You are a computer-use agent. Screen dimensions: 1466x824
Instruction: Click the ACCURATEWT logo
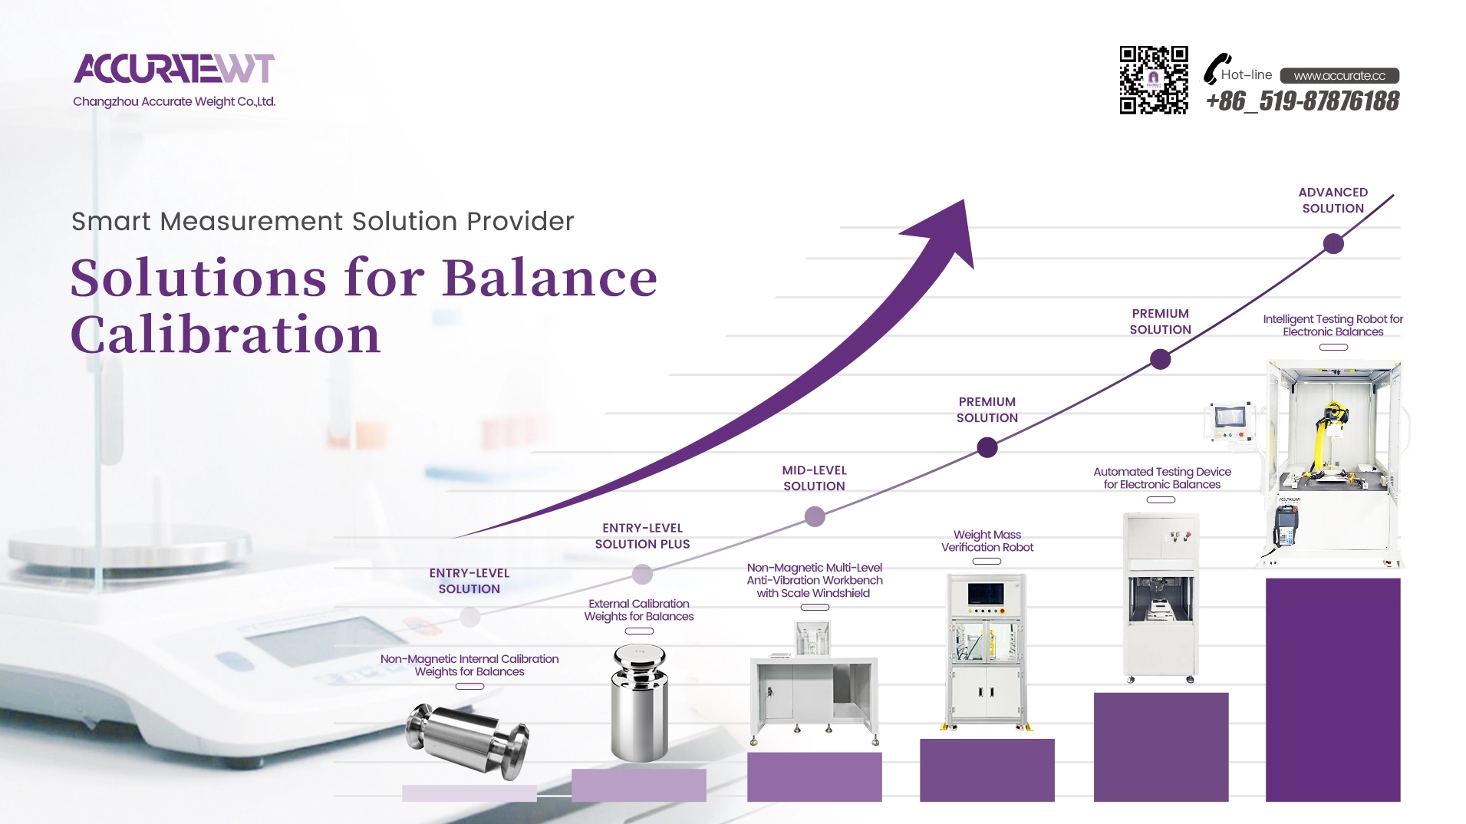[x=174, y=68]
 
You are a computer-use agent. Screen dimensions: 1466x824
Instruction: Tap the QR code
[x=1154, y=80]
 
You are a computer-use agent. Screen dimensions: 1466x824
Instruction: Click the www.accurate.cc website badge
[x=1339, y=75]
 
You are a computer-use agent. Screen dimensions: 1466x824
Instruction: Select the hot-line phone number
[x=1303, y=101]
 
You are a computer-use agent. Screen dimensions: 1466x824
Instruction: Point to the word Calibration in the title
[x=226, y=335]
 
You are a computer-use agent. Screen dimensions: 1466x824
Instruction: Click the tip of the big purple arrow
[x=964, y=201]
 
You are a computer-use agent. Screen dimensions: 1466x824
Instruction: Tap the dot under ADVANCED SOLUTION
[x=1333, y=244]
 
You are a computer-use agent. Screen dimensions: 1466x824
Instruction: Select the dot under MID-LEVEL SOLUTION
[x=815, y=516]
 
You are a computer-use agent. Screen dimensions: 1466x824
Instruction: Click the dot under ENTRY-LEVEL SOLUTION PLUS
[x=642, y=574]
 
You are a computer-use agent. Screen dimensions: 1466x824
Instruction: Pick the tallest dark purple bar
[x=1333, y=690]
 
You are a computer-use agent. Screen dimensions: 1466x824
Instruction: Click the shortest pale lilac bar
[x=469, y=793]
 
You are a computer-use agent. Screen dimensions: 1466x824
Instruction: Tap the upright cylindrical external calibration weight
[x=639, y=703]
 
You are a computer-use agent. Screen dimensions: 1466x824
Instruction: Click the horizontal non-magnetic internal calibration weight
[x=468, y=738]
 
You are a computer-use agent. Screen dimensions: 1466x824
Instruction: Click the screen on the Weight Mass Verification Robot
[x=986, y=593]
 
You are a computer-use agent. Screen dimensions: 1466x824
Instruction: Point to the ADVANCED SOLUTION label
[x=1333, y=200]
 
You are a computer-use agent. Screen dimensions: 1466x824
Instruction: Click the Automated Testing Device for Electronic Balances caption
[x=1161, y=478]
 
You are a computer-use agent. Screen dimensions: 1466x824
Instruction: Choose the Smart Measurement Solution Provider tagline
[x=322, y=221]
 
